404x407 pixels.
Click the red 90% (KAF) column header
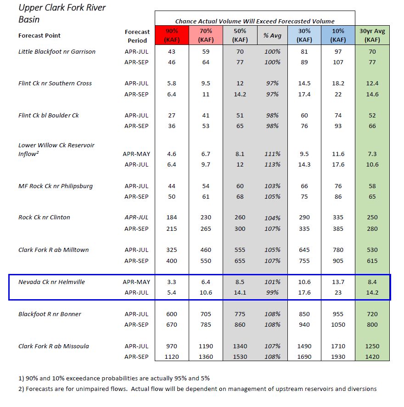coord(172,35)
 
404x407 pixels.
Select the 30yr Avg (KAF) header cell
coord(372,35)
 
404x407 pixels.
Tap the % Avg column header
coord(272,35)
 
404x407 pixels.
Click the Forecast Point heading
coord(39,35)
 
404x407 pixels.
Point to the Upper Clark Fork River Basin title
coord(62,13)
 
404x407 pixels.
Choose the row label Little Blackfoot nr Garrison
coord(57,52)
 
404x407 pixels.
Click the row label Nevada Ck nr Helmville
coord(51,282)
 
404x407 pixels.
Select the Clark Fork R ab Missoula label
coord(54,346)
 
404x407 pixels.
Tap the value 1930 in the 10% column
coord(338,357)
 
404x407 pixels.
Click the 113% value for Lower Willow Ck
coord(272,165)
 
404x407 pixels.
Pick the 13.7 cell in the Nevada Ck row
coord(338,282)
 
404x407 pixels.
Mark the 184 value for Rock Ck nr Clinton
coord(172,217)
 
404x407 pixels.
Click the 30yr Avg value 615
coord(372,261)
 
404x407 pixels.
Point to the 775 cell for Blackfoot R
coord(240,314)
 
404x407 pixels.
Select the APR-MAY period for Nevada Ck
coord(136,282)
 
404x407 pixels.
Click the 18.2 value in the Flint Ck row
coord(338,84)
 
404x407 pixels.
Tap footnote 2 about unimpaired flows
coord(197,389)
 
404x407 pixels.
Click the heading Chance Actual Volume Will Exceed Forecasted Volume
coord(255,21)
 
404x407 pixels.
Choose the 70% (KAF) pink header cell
coord(206,35)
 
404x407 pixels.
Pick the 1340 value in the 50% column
coord(240,346)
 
